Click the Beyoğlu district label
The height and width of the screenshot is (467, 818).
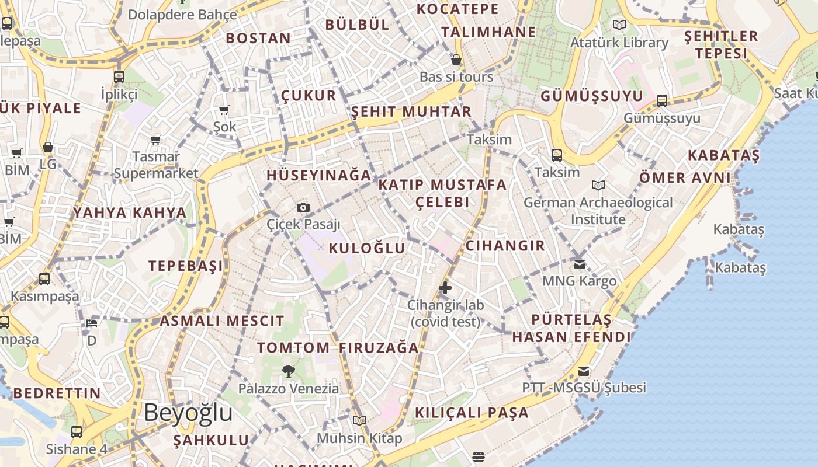click(x=188, y=413)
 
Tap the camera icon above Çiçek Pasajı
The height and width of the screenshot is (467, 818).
click(x=303, y=207)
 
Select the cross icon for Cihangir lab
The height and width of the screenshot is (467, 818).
click(x=445, y=287)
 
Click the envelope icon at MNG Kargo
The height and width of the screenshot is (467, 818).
click(x=579, y=264)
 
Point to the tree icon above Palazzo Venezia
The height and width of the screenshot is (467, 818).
click(x=288, y=371)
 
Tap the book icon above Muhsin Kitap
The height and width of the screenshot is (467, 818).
click(x=359, y=420)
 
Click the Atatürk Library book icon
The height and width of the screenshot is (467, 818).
click(x=619, y=25)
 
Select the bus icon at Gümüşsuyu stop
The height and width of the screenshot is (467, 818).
click(x=661, y=100)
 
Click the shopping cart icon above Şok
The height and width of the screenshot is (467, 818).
click(x=224, y=110)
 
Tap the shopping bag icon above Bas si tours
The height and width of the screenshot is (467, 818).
click(x=456, y=60)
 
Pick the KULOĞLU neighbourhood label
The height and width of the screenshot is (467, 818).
click(x=367, y=248)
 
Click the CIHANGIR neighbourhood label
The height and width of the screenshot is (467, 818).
click(x=505, y=245)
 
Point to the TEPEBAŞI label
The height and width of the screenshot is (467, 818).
click(x=185, y=266)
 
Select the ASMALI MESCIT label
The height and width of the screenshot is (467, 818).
click(x=221, y=320)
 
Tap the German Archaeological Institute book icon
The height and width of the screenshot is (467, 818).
click(x=598, y=185)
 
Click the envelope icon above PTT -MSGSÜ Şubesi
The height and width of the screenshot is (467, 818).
click(x=583, y=371)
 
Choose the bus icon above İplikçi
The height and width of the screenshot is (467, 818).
click(x=119, y=76)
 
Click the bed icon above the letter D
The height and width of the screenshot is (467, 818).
click(x=92, y=323)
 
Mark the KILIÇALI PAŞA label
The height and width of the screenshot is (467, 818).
click(x=472, y=413)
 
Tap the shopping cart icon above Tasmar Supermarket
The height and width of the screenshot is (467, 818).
click(x=155, y=140)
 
